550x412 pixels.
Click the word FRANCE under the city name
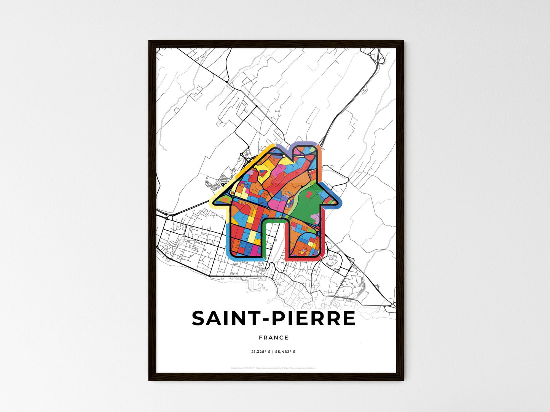[x=273, y=338]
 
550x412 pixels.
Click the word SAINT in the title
[x=225, y=319]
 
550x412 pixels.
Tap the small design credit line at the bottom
[x=273, y=368]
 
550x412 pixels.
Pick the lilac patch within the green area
[x=316, y=217]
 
